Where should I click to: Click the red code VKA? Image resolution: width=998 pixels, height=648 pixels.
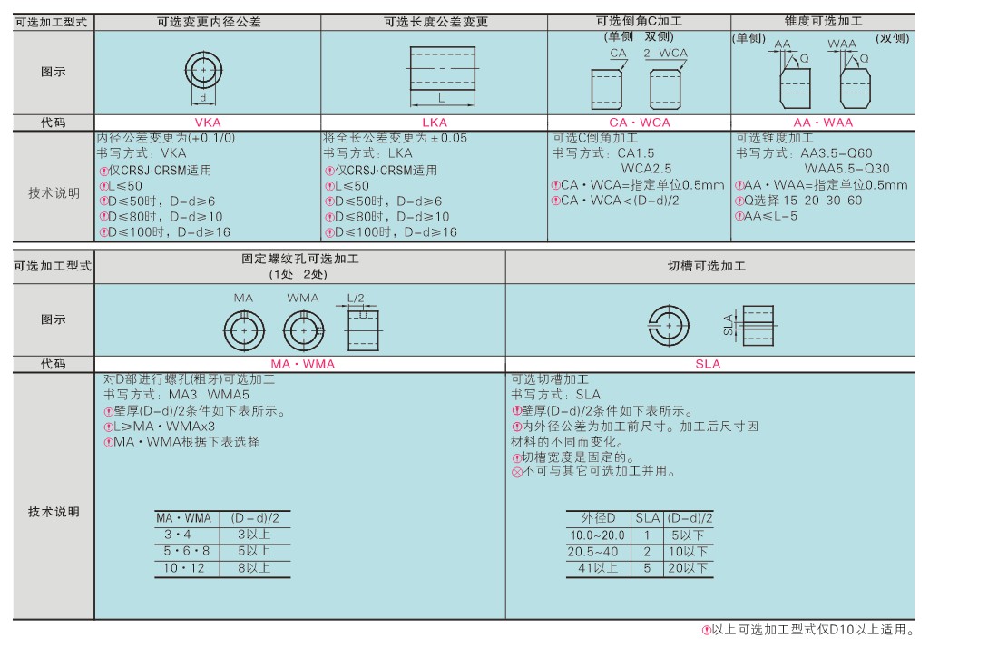(x=208, y=123)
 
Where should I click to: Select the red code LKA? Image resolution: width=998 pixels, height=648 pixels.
(x=435, y=123)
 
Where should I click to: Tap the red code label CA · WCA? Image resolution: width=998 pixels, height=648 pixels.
(x=639, y=123)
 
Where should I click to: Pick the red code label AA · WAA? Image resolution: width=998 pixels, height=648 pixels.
(x=822, y=123)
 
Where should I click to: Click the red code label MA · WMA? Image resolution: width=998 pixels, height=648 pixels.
(x=302, y=364)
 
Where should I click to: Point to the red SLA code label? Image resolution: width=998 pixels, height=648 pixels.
(x=708, y=364)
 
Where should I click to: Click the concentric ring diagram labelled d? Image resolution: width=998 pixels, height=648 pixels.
(x=203, y=71)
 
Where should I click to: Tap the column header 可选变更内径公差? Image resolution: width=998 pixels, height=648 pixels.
(x=209, y=22)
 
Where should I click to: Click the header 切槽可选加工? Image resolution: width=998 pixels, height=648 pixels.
(x=707, y=266)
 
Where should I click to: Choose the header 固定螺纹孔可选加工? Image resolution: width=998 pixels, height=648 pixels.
(x=299, y=259)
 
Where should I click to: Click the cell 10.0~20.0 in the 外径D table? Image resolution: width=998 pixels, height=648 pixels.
(x=597, y=535)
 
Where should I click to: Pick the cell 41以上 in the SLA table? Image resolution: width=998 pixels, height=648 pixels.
(x=598, y=568)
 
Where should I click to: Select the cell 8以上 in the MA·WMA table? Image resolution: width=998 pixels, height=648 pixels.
(x=254, y=568)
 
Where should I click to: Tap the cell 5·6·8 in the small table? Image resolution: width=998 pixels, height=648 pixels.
(x=187, y=551)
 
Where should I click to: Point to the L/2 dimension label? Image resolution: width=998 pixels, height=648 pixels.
(x=356, y=298)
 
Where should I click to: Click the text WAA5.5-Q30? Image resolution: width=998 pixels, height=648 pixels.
(x=846, y=169)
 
